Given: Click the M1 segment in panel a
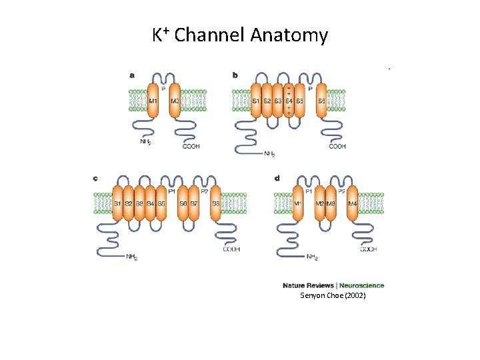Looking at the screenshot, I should tap(153, 101).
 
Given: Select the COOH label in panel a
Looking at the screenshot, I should tap(191, 146).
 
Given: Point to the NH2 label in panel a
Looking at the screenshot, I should tap(145, 142).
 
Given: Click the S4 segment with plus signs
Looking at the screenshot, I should tap(289, 101).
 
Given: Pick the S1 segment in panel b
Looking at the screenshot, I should tap(256, 101).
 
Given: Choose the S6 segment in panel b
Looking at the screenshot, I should tap(321, 101).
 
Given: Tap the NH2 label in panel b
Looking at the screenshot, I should tap(269, 154).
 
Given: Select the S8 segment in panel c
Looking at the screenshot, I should tap(216, 203).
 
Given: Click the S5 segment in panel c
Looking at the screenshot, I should tap(161, 203).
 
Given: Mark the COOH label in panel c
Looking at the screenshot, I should tap(231, 249).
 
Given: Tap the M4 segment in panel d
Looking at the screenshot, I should tap(352, 203).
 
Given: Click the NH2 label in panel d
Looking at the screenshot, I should tap(312, 257).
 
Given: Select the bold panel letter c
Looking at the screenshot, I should tap(95, 178).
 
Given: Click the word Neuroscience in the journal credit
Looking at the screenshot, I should tap(362, 286).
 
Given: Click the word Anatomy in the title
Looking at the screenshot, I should tap(289, 35).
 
